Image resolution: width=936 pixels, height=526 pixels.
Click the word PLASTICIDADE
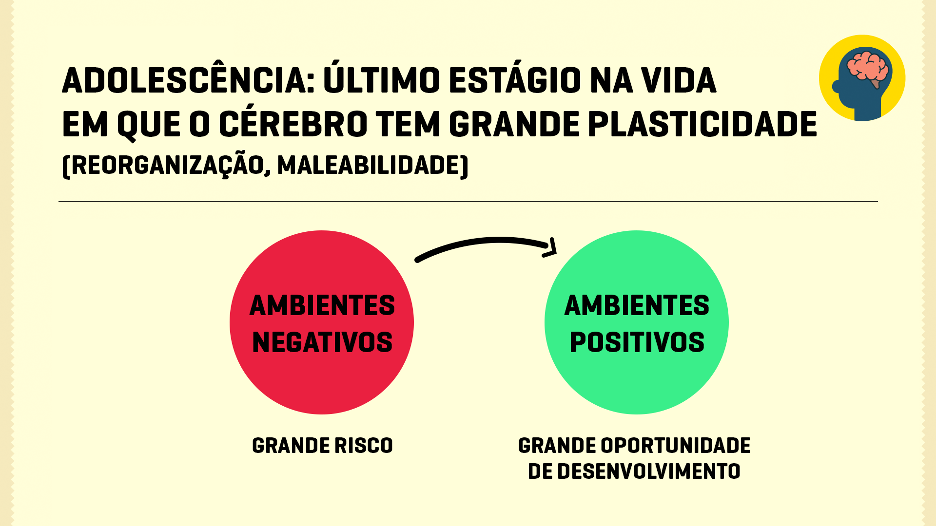(x=702, y=124)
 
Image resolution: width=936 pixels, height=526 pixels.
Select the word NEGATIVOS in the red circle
(x=322, y=342)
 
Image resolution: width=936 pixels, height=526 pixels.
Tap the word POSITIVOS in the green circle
(x=637, y=342)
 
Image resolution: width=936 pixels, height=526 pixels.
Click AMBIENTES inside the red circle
(x=322, y=306)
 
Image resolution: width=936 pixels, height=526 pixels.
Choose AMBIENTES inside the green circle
(x=637, y=306)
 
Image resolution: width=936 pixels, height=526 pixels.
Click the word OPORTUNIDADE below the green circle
(x=675, y=446)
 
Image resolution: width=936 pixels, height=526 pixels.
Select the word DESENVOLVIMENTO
(x=649, y=471)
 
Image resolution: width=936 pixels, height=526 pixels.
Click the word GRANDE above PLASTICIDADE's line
(x=514, y=124)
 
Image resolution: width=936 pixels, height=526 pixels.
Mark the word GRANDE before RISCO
(x=291, y=446)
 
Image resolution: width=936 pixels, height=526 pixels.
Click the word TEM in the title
(x=408, y=124)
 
